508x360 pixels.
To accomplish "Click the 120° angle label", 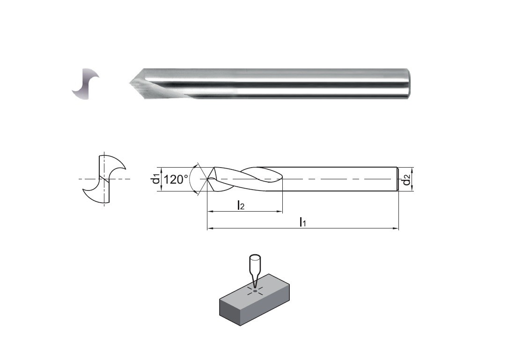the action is click(175, 179).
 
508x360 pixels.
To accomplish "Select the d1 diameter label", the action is click(156, 179).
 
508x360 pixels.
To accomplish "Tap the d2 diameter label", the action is click(406, 179).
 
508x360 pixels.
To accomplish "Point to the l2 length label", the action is click(241, 205).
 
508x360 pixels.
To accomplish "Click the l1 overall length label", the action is click(302, 222).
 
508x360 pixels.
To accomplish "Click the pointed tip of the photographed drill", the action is click(130, 84).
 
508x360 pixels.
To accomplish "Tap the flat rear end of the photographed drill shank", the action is click(408, 83).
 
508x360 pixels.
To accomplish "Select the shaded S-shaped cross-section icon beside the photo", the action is click(86, 84).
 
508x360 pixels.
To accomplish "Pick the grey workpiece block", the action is click(254, 300).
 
